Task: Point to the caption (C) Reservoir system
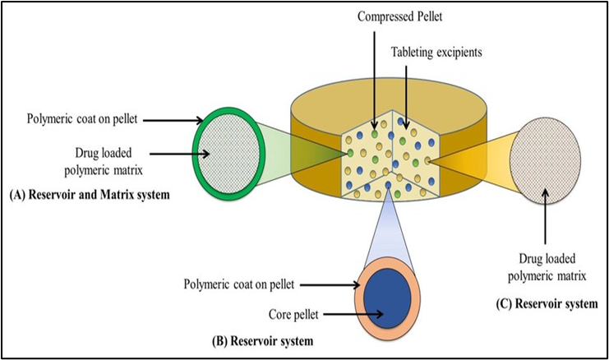pyautogui.click(x=547, y=304)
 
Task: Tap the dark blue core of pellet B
pyautogui.click(x=389, y=298)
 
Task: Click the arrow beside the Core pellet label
pyautogui.click(x=354, y=313)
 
